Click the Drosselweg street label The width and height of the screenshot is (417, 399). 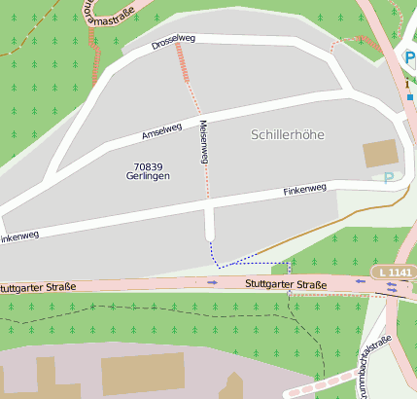click(x=173, y=42)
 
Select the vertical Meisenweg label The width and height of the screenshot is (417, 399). click(x=204, y=141)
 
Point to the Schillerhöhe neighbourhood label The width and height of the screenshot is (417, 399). click(x=288, y=134)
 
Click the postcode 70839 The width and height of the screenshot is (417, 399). click(x=148, y=166)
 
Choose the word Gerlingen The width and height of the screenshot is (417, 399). click(x=148, y=176)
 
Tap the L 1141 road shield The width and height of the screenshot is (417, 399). click(x=393, y=272)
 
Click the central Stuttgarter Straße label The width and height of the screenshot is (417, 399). click(x=286, y=284)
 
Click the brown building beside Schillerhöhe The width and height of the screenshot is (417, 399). click(x=380, y=154)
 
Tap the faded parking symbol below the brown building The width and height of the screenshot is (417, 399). click(x=389, y=177)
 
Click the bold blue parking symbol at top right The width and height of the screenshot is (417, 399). click(x=409, y=58)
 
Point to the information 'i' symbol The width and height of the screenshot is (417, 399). click(x=407, y=84)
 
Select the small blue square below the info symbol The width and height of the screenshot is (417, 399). click(x=410, y=97)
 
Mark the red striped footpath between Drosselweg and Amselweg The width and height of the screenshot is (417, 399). click(x=183, y=62)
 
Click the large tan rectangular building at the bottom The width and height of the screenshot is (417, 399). click(x=143, y=374)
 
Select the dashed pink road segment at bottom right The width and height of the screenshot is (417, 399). click(x=311, y=389)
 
